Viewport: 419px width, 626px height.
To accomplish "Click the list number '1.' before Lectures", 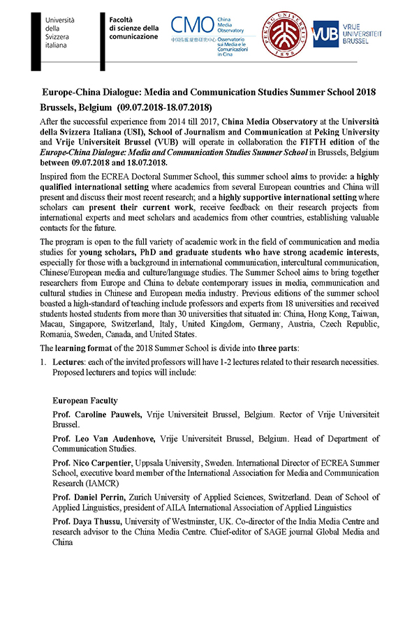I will tap(43, 362).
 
